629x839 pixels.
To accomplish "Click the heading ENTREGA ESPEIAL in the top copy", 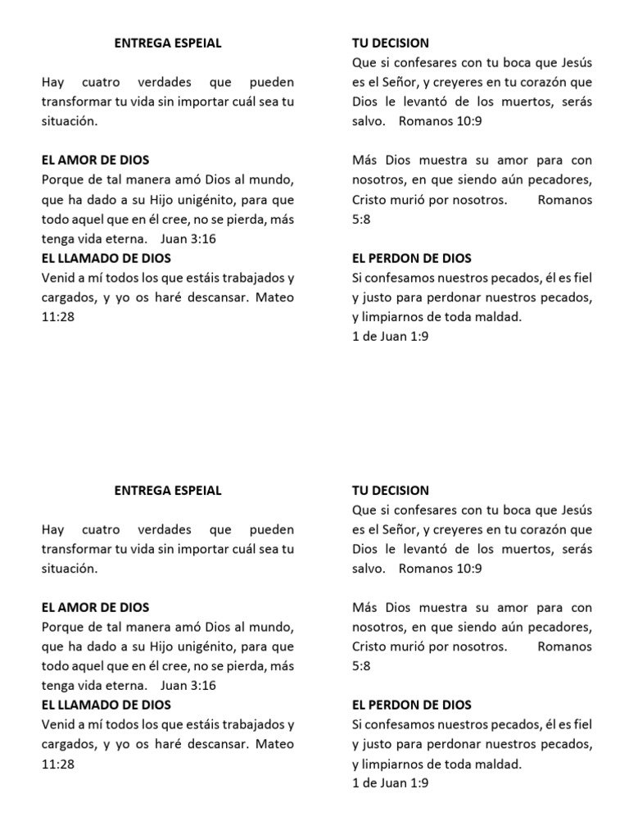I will point(168,43).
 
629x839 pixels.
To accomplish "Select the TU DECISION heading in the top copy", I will point(391,43).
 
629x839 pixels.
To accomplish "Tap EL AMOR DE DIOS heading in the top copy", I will point(95,160).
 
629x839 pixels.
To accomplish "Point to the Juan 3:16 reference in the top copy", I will point(189,238).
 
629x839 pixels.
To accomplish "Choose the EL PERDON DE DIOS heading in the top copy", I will point(411,258).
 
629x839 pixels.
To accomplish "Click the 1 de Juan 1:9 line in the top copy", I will point(390,337).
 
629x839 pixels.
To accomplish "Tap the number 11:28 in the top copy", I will point(57,317).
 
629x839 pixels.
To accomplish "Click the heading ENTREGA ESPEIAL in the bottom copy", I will point(168,491).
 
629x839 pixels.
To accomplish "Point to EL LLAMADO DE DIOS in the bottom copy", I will point(106,705).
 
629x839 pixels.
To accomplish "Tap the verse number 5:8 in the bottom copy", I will point(361,666).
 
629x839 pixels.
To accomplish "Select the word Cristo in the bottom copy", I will point(370,646).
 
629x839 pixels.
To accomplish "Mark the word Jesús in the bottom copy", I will point(573,510).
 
